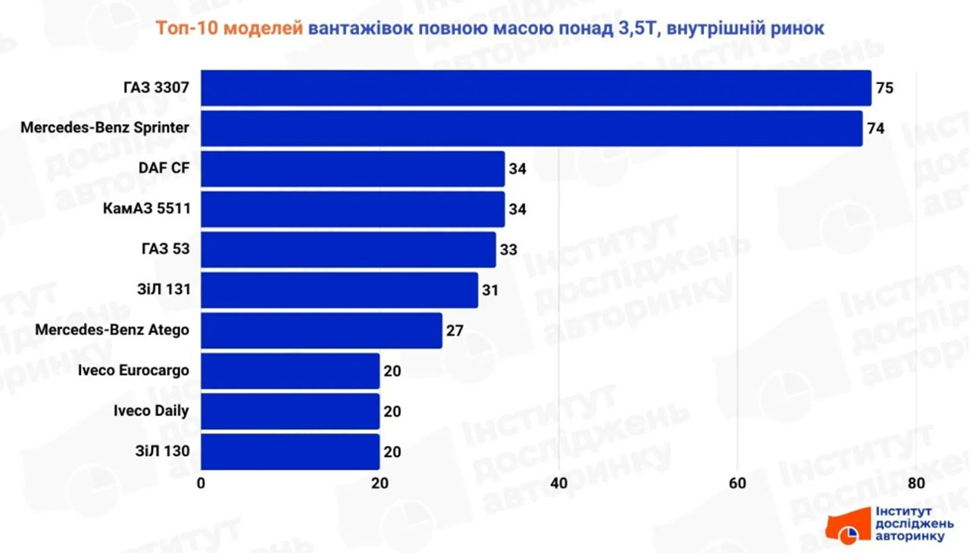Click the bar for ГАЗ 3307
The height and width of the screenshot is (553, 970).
pyautogui.click(x=536, y=88)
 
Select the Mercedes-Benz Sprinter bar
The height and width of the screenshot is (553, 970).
pyautogui.click(x=531, y=128)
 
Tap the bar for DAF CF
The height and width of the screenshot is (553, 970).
pyautogui.click(x=352, y=168)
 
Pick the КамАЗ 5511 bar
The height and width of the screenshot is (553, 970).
pyautogui.click(x=352, y=209)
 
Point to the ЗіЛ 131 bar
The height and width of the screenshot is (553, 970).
pyautogui.click(x=339, y=290)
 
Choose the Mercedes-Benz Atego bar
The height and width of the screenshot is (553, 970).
pyautogui.click(x=321, y=330)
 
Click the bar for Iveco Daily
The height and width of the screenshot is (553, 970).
pyautogui.click(x=290, y=411)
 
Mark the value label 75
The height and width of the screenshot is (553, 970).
pyautogui.click(x=884, y=88)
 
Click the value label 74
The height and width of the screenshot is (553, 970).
pyautogui.click(x=875, y=129)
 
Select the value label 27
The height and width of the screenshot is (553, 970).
pyautogui.click(x=455, y=331)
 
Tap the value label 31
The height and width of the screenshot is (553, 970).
pyautogui.click(x=490, y=290)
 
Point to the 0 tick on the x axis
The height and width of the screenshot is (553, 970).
pyautogui.click(x=202, y=483)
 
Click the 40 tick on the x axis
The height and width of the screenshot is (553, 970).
pyautogui.click(x=559, y=483)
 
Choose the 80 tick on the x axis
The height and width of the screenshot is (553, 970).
pyautogui.click(x=916, y=483)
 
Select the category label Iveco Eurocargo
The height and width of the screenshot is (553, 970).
pyautogui.click(x=133, y=370)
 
